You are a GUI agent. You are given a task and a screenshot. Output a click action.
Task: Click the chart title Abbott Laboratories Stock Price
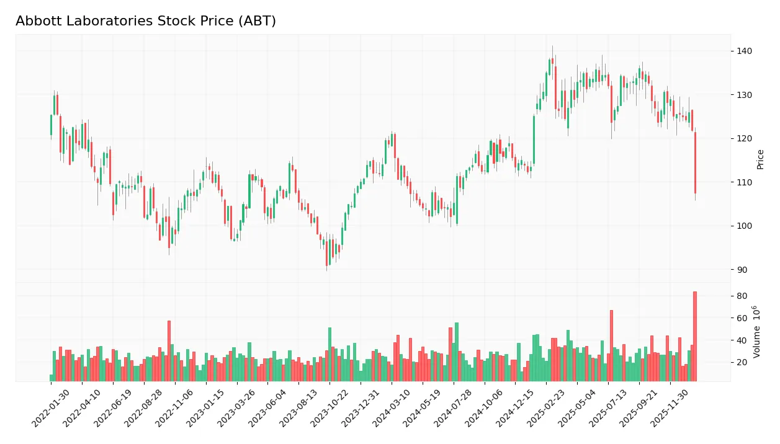click(146, 21)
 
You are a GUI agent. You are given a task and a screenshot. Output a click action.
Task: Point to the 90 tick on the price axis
click(741, 270)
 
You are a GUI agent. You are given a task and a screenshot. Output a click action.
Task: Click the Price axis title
click(760, 159)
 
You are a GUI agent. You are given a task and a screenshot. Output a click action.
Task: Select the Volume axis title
click(758, 332)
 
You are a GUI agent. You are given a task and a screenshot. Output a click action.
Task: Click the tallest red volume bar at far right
click(695, 336)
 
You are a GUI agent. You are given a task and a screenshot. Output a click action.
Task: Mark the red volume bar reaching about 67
click(611, 345)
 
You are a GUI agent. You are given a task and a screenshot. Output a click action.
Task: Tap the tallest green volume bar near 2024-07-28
click(457, 352)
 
